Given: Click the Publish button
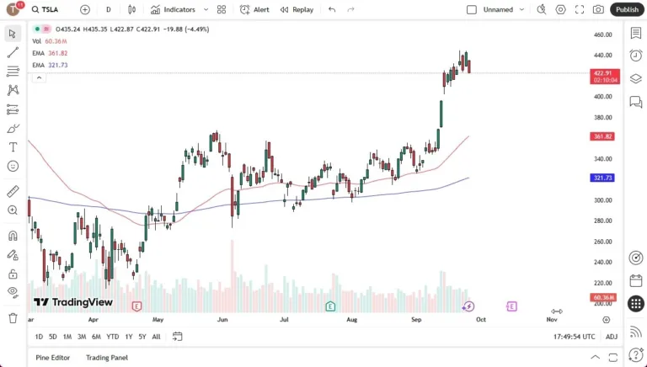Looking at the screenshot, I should coord(627,9).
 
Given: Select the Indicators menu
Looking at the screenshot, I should coord(173,9).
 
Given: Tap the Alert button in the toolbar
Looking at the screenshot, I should coord(255,9).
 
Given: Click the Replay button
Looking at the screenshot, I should coord(297,9).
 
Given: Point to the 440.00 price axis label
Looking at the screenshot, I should coord(602,56).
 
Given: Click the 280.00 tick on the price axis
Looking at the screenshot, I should coord(602,221).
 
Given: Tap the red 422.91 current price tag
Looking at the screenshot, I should coord(606,73).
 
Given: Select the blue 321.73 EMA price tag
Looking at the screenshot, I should coord(602,178).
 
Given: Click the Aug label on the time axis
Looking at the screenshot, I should coord(352,320).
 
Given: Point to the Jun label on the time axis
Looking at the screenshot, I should coord(222,320).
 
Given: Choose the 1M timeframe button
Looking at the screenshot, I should coord(67,337).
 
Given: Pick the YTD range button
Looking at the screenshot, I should coord(112,337).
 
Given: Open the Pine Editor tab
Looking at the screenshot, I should coord(53,358).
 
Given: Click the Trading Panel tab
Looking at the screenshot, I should coord(107,358).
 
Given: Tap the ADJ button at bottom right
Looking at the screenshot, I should coord(612,337).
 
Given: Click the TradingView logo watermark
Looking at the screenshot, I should coord(73,302).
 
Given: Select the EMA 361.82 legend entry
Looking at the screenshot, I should coord(51,53).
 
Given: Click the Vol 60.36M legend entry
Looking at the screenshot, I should coord(50,41).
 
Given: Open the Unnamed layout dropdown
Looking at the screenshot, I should coord(498,9).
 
